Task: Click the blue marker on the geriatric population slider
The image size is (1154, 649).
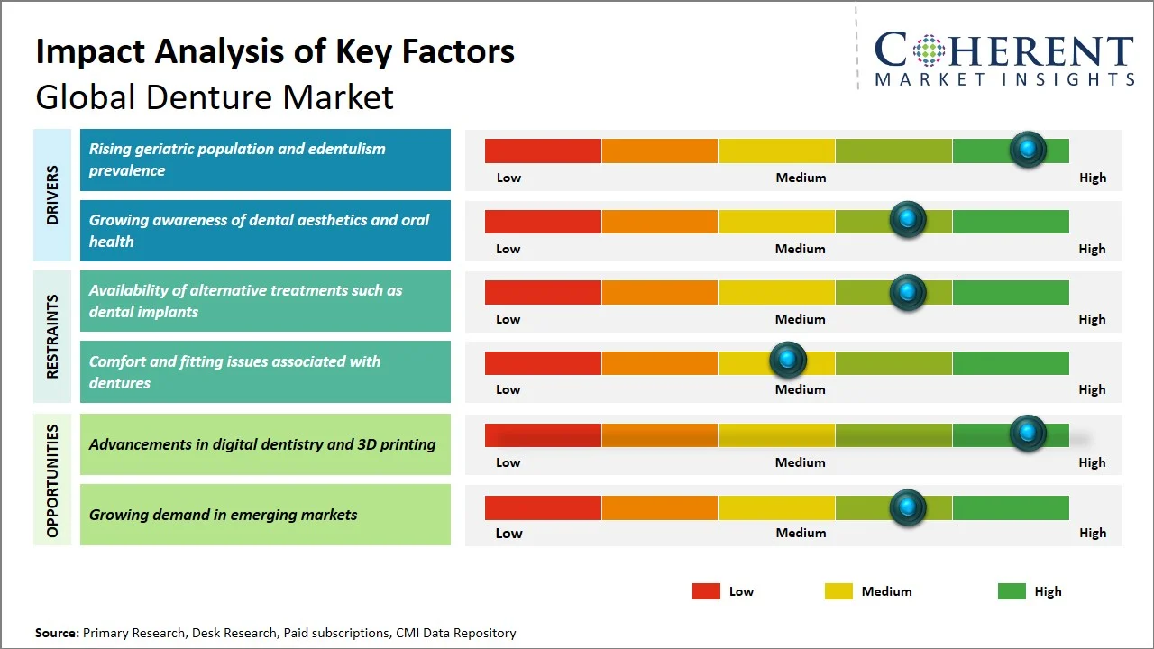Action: click(1028, 149)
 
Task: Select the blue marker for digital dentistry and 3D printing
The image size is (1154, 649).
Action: click(1028, 434)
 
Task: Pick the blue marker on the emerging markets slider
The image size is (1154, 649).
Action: click(908, 507)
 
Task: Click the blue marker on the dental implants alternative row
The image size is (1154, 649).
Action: click(908, 292)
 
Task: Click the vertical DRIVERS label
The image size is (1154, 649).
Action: click(52, 195)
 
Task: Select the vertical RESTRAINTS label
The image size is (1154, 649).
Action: click(52, 336)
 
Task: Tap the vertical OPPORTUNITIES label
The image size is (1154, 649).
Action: click(52, 480)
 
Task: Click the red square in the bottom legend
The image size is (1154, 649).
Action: click(706, 591)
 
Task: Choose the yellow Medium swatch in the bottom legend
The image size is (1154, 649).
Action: click(838, 591)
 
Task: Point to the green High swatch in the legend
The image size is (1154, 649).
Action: click(1012, 591)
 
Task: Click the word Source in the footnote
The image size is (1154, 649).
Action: click(56, 633)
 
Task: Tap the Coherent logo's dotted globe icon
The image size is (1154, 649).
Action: click(929, 50)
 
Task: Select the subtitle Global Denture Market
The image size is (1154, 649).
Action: click(215, 96)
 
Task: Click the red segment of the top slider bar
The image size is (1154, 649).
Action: click(543, 151)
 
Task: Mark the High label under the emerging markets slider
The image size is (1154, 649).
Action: click(1092, 533)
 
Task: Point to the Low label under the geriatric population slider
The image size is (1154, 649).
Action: click(508, 178)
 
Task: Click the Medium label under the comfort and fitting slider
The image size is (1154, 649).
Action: click(800, 389)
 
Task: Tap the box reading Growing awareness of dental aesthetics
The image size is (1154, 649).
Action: click(265, 231)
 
